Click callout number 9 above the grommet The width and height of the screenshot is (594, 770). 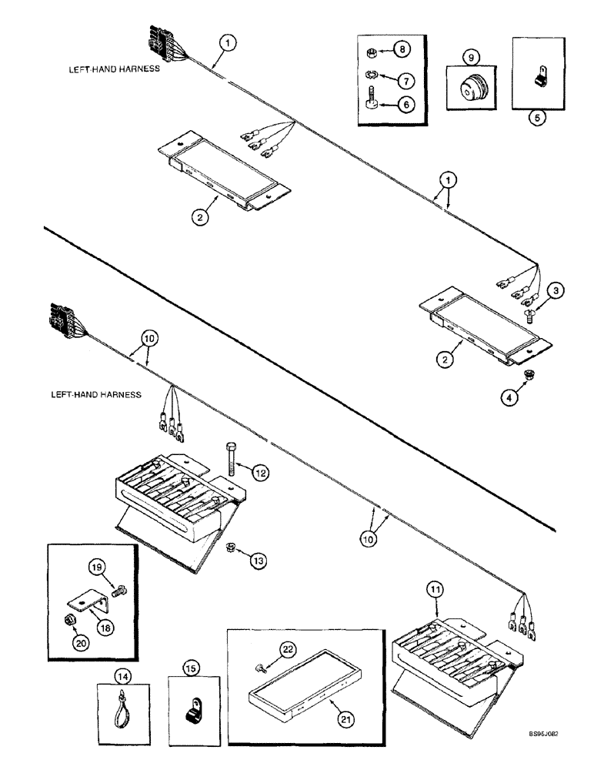pyautogui.click(x=469, y=56)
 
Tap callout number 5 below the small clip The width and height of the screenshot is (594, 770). pyautogui.click(x=537, y=119)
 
